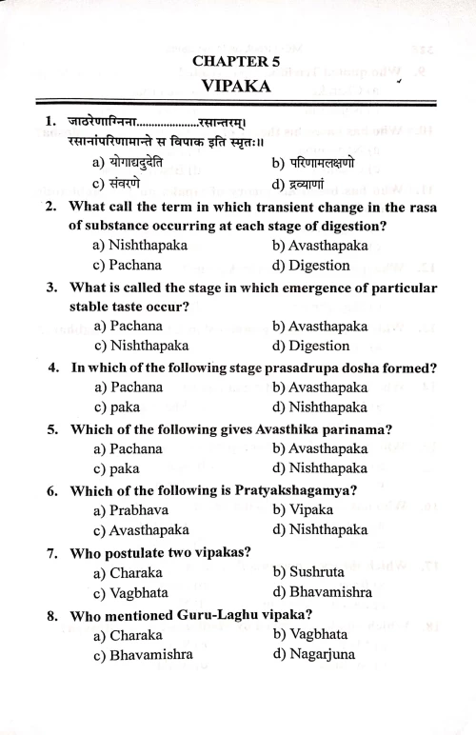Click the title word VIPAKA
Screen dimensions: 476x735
236,86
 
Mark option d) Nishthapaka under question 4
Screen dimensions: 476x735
320,407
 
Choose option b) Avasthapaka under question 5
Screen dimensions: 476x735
320,448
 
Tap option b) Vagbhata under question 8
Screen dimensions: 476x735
310,634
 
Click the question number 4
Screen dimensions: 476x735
54,367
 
